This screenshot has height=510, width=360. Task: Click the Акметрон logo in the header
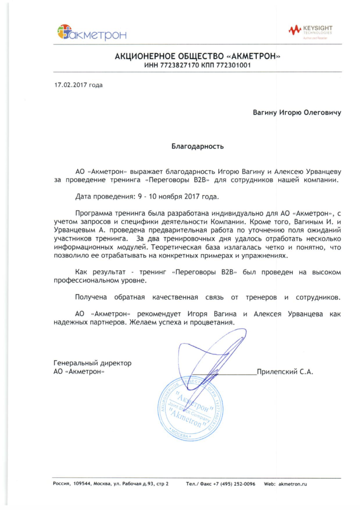pos(92,33)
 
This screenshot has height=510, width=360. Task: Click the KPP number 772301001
pos(233,65)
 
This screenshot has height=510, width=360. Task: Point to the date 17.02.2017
pos(71,85)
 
